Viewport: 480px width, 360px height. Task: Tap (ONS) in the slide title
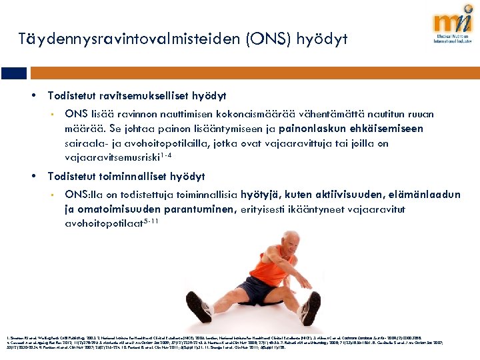pyautogui.click(x=269, y=39)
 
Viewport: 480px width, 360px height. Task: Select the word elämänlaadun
pyautogui.click(x=421, y=195)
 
